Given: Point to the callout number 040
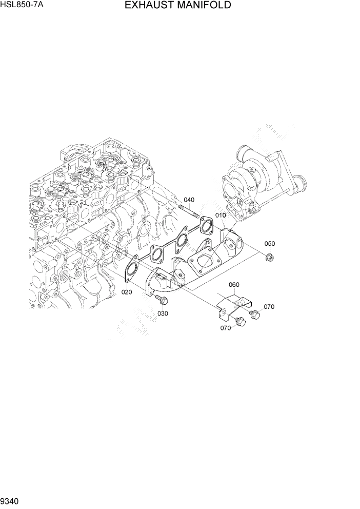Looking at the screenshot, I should pyautogui.click(x=189, y=200).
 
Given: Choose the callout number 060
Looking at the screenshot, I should pyautogui.click(x=234, y=285).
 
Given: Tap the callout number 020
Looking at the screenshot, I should pyautogui.click(x=127, y=292).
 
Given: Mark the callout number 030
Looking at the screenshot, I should pyautogui.click(x=163, y=313).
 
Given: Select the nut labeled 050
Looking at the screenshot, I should pyautogui.click(x=270, y=256).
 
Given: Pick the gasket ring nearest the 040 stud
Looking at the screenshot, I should pyautogui.click(x=206, y=225).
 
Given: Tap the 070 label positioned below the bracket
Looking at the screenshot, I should pyautogui.click(x=226, y=328).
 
